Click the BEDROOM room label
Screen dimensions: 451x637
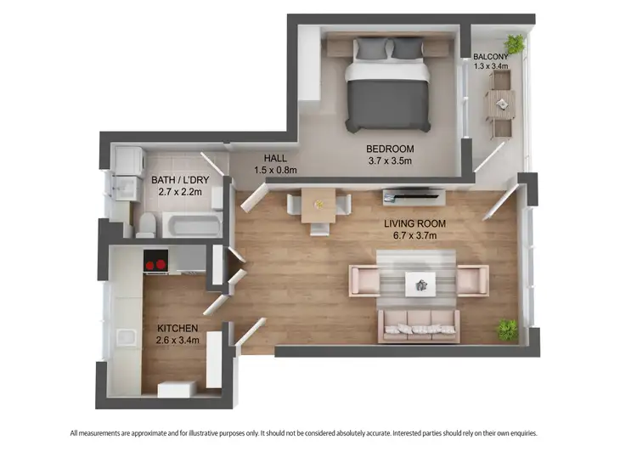(390, 148)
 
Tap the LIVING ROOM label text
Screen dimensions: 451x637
(414, 223)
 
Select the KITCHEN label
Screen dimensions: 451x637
(178, 328)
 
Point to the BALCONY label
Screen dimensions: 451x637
(490, 56)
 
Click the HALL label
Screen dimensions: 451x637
(275, 158)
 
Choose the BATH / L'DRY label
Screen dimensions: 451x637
(179, 180)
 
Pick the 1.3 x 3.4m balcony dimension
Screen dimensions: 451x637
(490, 65)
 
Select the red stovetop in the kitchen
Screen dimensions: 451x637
(155, 263)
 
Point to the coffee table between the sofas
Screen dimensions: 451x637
(419, 283)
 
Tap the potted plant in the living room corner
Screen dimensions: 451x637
(507, 329)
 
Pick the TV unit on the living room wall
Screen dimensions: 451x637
(414, 196)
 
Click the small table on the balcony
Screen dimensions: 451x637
(500, 104)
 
